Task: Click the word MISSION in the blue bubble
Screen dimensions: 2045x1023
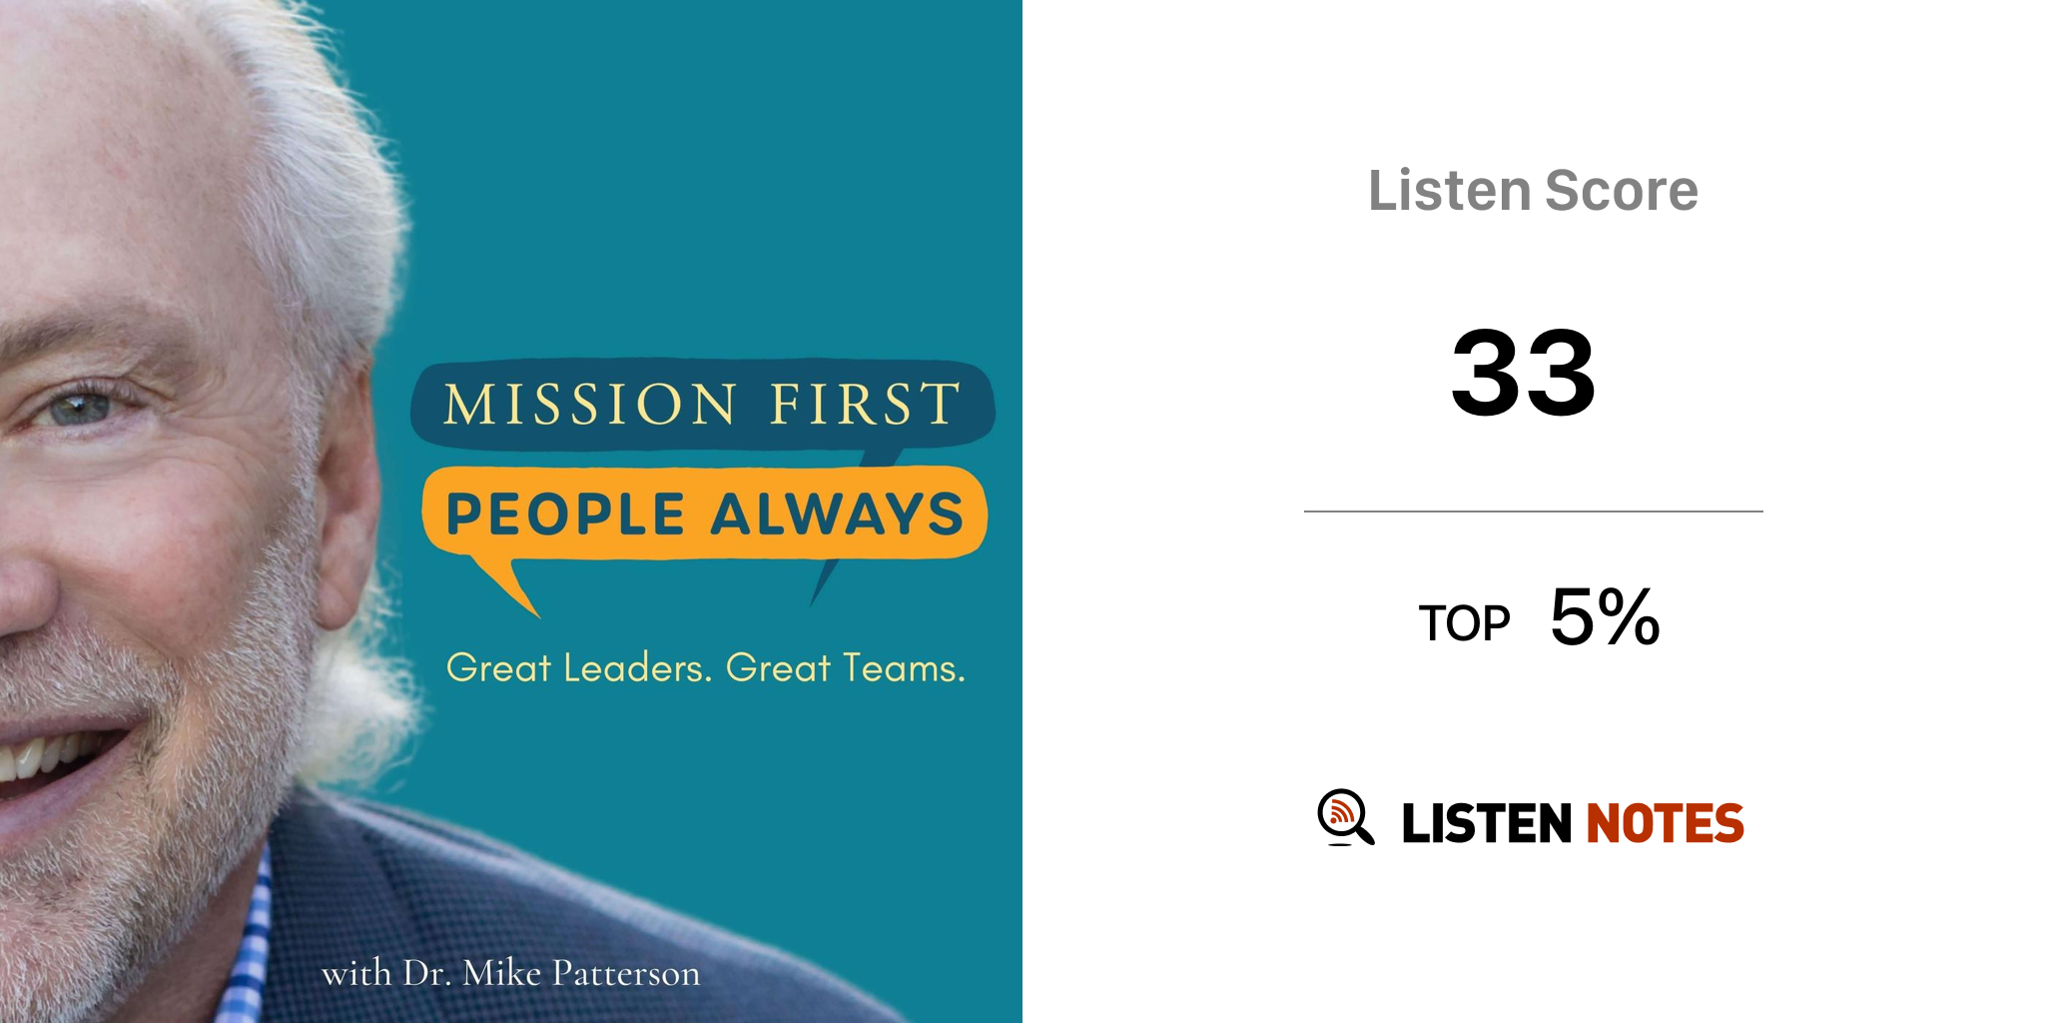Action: pos(589,404)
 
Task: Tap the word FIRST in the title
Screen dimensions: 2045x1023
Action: pos(865,404)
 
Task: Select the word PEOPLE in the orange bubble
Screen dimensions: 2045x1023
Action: pos(565,514)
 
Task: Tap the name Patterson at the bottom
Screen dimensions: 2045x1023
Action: pos(626,973)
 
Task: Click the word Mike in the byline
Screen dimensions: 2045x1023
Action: pos(502,973)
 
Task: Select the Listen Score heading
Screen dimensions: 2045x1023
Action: pos(1533,190)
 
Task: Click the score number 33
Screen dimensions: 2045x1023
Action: pos(1524,373)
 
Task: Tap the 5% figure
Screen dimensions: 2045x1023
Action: pos(1605,616)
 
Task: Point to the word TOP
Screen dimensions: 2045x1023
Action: pos(1464,623)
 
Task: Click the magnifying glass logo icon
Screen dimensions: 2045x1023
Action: pos(1345,817)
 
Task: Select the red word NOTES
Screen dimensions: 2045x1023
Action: pos(1665,823)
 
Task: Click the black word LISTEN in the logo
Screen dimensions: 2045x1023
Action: pos(1487,823)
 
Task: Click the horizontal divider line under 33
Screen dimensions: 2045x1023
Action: pos(1533,511)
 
